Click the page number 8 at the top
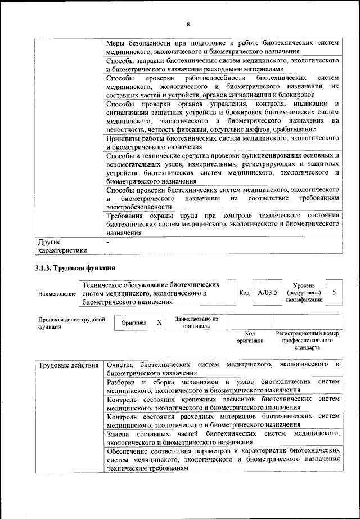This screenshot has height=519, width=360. (188, 23)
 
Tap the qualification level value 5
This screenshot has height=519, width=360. (334, 293)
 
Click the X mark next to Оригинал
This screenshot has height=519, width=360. (159, 323)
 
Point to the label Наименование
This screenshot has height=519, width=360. (57, 294)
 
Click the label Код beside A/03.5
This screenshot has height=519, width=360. (244, 293)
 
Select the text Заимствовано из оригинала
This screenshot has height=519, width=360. (196, 322)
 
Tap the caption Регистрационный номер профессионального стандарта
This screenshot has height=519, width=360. (307, 341)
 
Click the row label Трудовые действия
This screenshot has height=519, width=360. (69, 365)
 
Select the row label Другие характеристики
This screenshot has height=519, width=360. (62, 247)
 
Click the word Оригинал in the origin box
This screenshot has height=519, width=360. (134, 323)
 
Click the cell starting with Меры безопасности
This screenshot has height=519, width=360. (223, 47)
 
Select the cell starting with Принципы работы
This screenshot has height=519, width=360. (223, 142)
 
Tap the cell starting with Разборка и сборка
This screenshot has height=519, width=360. (223, 386)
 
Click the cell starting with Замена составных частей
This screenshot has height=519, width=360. (223, 438)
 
